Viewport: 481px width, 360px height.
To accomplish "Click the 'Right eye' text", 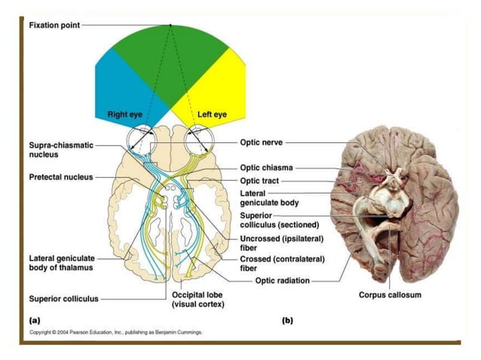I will click(127, 114).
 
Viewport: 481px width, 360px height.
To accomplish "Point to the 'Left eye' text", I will click(212, 114).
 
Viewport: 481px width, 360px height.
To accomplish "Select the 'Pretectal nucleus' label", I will click(61, 177).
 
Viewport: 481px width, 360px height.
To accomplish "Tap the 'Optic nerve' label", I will click(262, 142).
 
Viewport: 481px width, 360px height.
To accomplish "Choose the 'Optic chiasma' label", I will click(266, 168).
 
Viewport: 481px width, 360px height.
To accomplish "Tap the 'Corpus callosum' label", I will click(389, 294).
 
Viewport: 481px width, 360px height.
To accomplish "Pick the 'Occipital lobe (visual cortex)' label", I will click(198, 299).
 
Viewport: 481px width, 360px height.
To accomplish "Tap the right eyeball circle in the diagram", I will click(142, 139).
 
